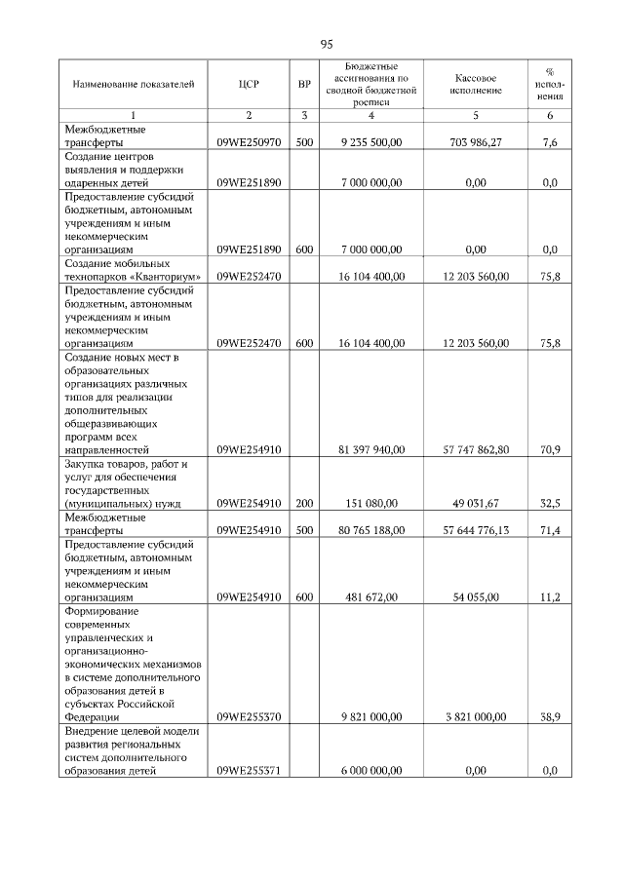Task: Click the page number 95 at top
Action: (x=327, y=44)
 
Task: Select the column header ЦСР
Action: (x=249, y=84)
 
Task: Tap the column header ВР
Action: (x=304, y=84)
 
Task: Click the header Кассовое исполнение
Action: (x=476, y=84)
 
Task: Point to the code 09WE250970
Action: (x=249, y=141)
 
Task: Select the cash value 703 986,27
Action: (x=477, y=141)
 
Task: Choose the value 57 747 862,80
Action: (x=476, y=450)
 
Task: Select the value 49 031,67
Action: (x=477, y=504)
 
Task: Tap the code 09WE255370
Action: (x=249, y=716)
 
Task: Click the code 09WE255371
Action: (x=249, y=770)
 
